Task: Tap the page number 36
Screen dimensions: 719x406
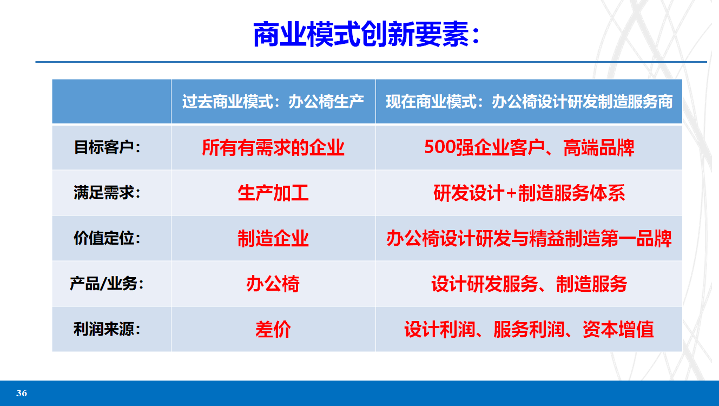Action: coord(22,393)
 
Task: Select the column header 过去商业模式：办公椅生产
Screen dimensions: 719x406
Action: coord(273,102)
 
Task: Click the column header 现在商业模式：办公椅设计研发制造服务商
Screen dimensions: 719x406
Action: coord(529,102)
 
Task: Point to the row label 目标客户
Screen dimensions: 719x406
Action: coord(107,147)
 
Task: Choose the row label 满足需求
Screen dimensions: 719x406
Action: coord(107,193)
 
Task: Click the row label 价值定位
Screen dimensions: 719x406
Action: coord(107,238)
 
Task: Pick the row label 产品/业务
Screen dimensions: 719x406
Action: coord(107,284)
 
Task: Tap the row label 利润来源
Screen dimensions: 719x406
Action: coord(107,329)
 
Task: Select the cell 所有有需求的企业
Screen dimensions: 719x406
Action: coord(273,147)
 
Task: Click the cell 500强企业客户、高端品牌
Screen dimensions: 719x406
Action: coord(529,147)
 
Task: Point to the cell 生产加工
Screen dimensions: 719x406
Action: coord(273,193)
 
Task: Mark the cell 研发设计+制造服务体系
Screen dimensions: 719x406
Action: coord(529,193)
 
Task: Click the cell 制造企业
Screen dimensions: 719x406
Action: coord(273,238)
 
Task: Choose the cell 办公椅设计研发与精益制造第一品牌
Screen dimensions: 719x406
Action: coord(529,238)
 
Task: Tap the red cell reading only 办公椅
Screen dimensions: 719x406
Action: coord(273,284)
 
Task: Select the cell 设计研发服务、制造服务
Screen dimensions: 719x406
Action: coord(529,284)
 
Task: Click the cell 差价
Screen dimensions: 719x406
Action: coord(273,329)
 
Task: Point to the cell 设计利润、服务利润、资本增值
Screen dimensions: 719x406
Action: coord(529,329)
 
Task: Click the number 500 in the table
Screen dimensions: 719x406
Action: coord(440,147)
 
